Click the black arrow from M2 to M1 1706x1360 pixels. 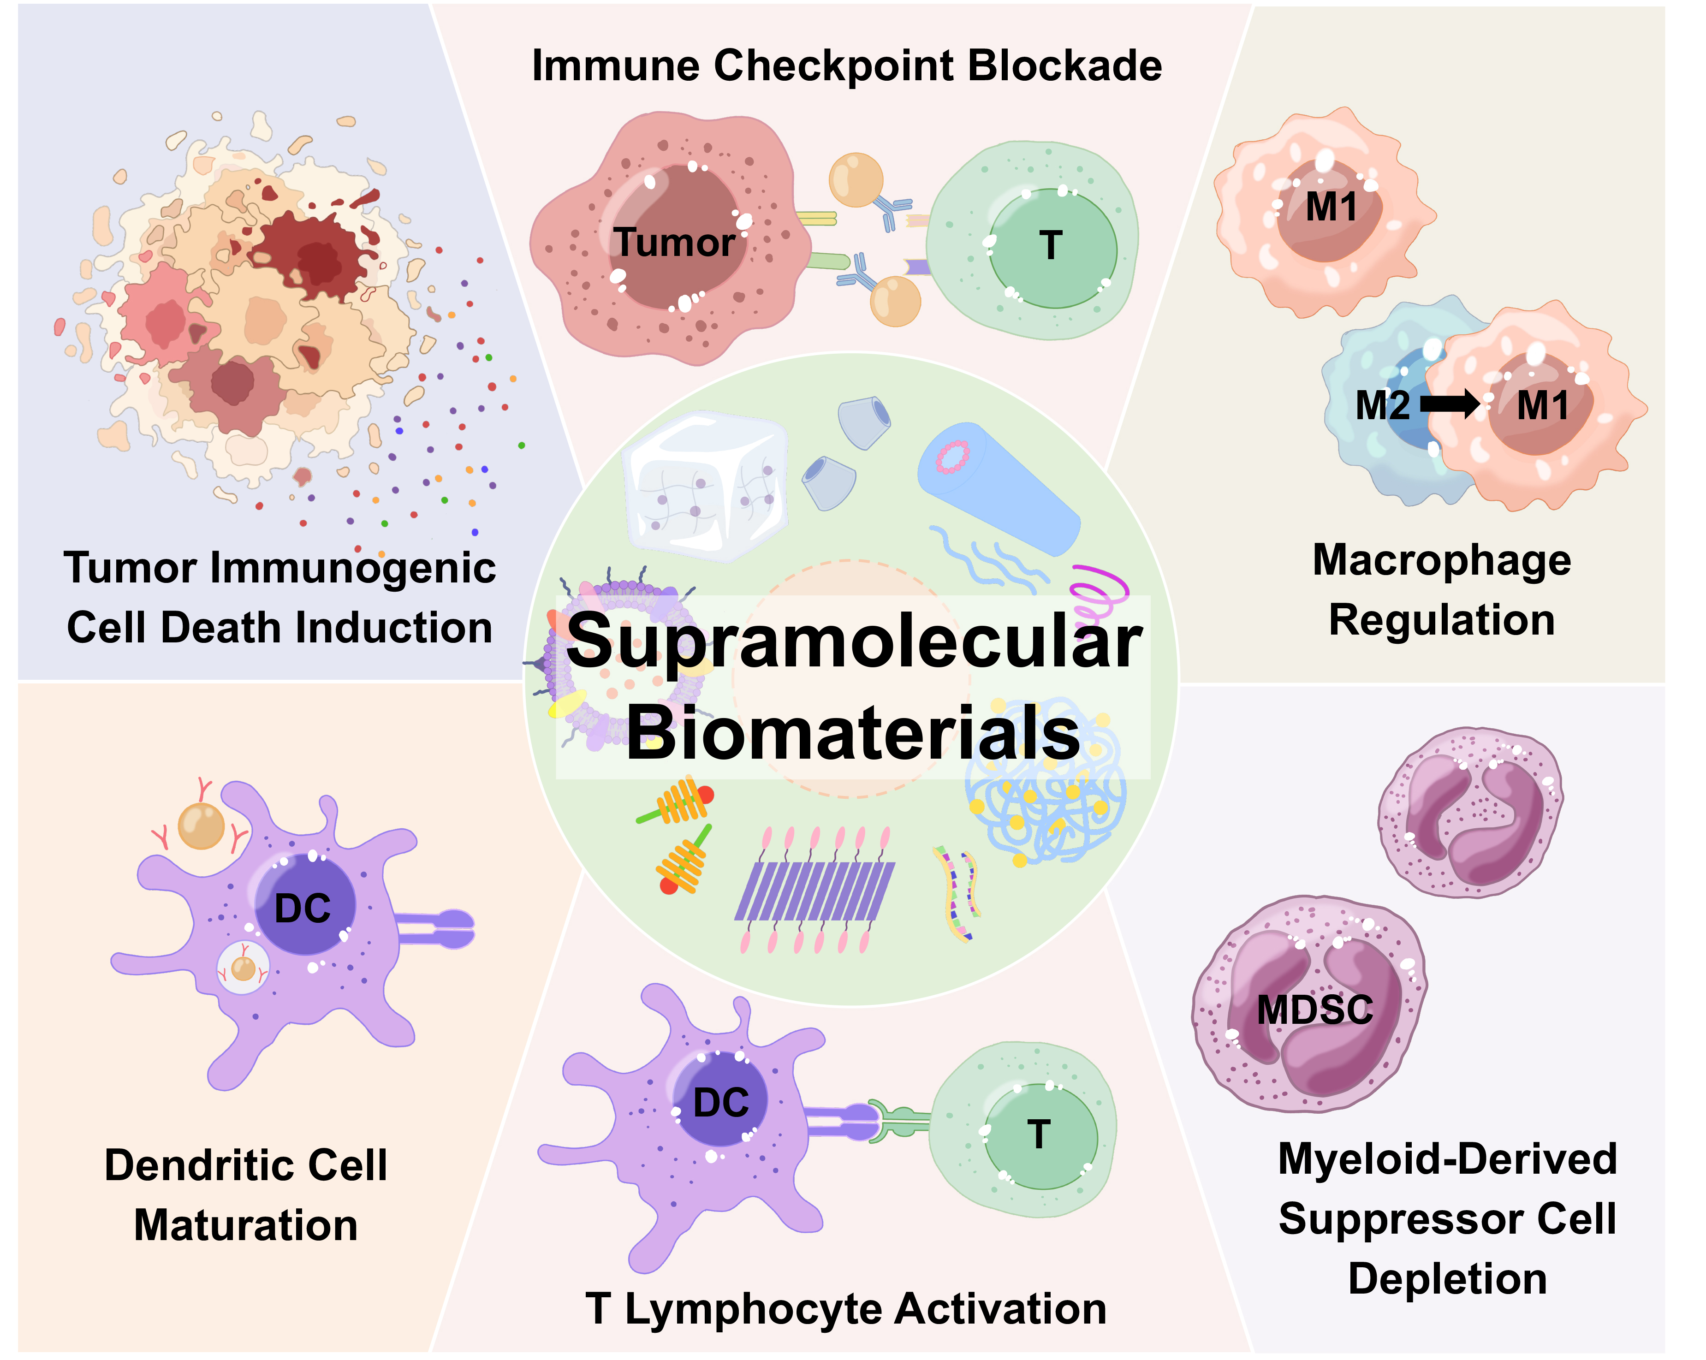pos(1450,404)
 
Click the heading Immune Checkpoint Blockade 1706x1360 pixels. pos(847,65)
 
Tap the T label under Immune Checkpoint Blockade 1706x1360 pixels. pos(1050,245)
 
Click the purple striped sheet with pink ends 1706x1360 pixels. pos(815,890)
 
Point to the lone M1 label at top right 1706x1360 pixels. pos(1331,207)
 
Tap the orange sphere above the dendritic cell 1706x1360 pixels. pos(202,825)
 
